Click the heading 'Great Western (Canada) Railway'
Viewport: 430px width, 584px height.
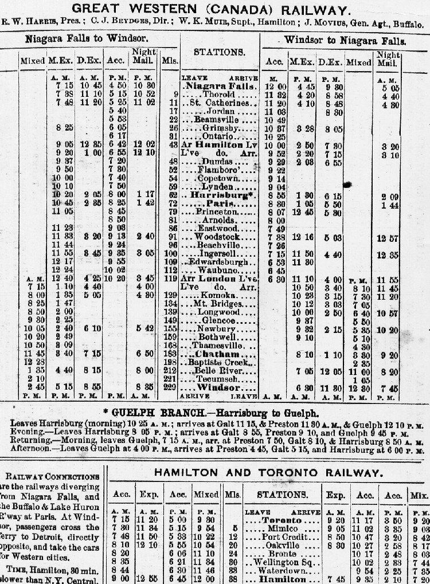point(215,10)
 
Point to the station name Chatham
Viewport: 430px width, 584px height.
point(219,355)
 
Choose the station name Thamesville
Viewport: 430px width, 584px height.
point(219,346)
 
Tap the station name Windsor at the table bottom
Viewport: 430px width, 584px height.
point(220,388)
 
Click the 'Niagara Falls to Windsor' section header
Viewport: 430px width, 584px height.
point(87,39)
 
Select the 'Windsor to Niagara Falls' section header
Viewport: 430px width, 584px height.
point(346,41)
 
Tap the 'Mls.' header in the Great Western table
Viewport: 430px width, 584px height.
point(170,60)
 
